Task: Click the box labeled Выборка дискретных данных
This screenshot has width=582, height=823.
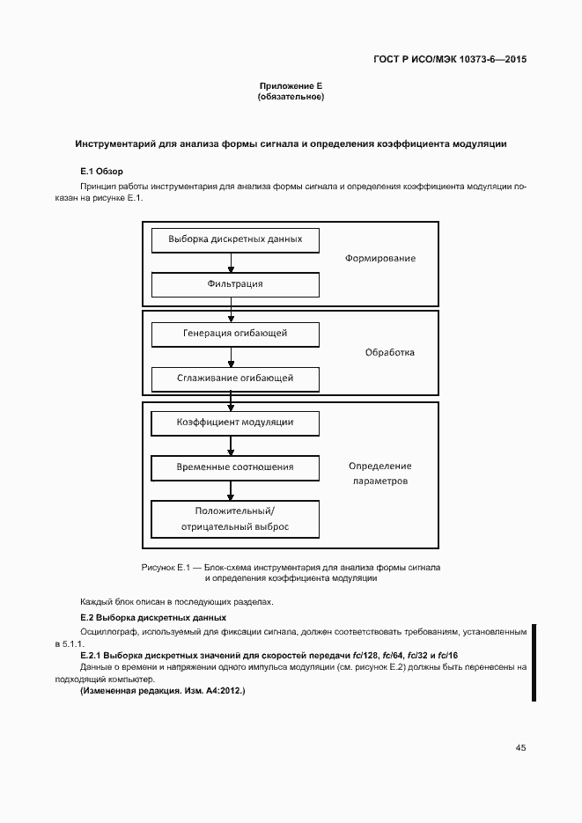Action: point(235,239)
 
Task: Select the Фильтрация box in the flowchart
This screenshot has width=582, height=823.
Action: point(235,284)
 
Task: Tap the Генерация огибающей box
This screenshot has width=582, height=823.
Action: point(235,334)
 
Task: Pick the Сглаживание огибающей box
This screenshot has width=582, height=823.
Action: point(235,378)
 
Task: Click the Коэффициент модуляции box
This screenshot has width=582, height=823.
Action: point(235,423)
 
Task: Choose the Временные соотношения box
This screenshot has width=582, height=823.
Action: point(235,467)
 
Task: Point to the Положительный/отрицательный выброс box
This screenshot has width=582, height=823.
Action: point(235,518)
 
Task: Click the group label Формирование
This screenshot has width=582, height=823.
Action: point(379,259)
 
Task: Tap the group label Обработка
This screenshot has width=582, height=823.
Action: point(389,353)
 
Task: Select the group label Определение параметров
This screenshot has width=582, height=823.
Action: point(379,474)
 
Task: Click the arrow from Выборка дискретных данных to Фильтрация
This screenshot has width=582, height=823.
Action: point(232,262)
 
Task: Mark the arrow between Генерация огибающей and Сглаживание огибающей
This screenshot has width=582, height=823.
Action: point(232,356)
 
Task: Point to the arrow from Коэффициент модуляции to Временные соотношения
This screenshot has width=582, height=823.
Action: point(232,445)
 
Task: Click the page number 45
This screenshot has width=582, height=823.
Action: point(520,747)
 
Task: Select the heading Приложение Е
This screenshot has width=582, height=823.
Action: point(291,85)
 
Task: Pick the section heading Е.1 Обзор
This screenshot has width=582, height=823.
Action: point(101,170)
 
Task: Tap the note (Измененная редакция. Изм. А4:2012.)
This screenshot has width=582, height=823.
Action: point(162,692)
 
